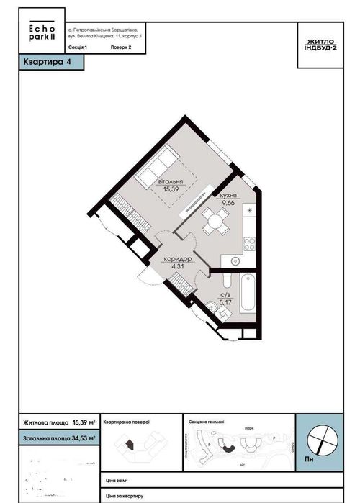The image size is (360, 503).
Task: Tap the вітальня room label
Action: (x=170, y=182)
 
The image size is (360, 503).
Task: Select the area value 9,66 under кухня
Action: (x=228, y=204)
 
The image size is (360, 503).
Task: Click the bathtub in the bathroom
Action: (x=247, y=291)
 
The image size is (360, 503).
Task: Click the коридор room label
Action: (x=177, y=258)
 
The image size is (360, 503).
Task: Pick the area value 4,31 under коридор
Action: (x=177, y=266)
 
